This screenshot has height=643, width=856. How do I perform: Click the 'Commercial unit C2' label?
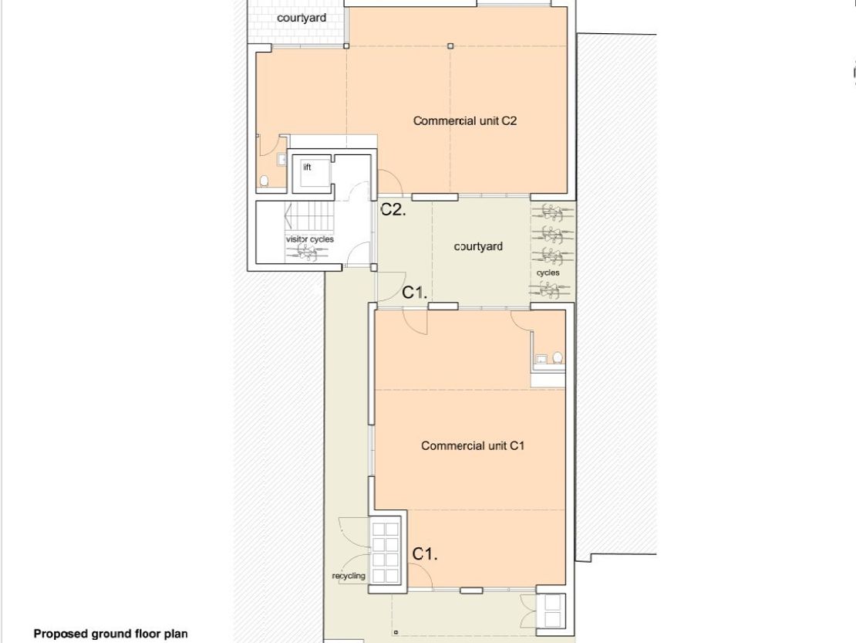(x=464, y=120)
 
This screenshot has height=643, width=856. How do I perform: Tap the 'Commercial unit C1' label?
(x=472, y=446)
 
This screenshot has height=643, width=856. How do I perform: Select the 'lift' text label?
(x=307, y=168)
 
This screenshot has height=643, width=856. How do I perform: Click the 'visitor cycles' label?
(x=309, y=239)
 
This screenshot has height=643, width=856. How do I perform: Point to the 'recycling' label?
(x=349, y=576)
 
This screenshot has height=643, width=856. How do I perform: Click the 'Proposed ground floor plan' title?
(x=111, y=634)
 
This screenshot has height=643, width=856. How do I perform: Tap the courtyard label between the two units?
(x=478, y=246)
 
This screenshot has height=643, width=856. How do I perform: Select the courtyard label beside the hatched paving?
(x=302, y=18)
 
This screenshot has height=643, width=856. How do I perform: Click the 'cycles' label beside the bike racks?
(x=548, y=272)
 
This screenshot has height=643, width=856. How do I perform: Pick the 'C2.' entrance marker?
(x=393, y=210)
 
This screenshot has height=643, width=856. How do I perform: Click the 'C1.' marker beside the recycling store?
(x=425, y=554)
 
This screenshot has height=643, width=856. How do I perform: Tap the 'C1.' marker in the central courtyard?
(x=414, y=293)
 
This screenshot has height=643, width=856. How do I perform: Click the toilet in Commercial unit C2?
(x=265, y=181)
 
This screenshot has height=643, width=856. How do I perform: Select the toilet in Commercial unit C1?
(x=558, y=358)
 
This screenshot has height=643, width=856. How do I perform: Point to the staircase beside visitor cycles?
(x=309, y=218)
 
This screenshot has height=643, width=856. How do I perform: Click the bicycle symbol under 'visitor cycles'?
(x=307, y=252)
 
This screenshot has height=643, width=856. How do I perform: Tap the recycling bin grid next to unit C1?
(x=386, y=553)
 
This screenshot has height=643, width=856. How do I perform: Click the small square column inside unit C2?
(x=450, y=46)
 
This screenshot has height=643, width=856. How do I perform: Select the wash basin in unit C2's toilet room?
(x=281, y=159)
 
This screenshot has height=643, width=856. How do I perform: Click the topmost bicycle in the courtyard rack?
(x=552, y=212)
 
